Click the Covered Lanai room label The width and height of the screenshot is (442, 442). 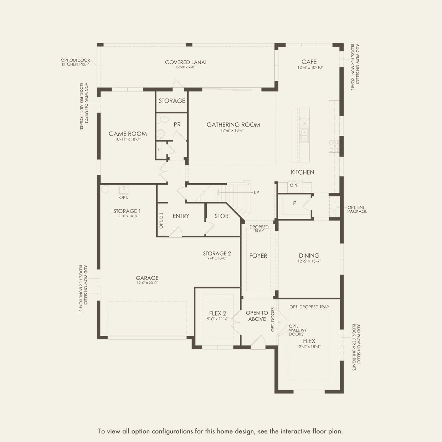(186, 62)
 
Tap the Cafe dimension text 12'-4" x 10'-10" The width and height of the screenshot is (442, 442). (310, 68)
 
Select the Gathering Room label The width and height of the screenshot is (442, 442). (233, 124)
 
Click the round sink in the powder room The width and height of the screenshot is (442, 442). (161, 134)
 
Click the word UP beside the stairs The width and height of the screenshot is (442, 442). (256, 192)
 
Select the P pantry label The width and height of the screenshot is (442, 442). (294, 203)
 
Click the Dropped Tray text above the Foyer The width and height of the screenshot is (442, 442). (259, 229)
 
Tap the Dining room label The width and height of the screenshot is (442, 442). (309, 255)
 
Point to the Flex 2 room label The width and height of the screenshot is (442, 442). (217, 313)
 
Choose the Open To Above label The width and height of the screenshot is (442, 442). (257, 315)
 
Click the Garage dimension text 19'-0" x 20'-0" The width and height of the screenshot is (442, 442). (147, 283)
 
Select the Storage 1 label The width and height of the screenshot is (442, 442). (127, 211)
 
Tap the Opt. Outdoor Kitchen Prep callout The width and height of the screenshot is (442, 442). (75, 62)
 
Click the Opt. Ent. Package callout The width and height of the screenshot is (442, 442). (357, 210)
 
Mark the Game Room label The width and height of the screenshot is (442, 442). (128, 134)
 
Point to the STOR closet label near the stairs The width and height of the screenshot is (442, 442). (221, 216)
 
